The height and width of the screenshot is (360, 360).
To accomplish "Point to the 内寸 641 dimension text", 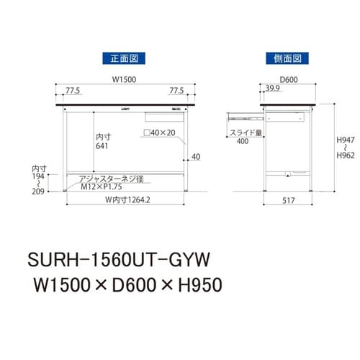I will (x=104, y=141).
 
